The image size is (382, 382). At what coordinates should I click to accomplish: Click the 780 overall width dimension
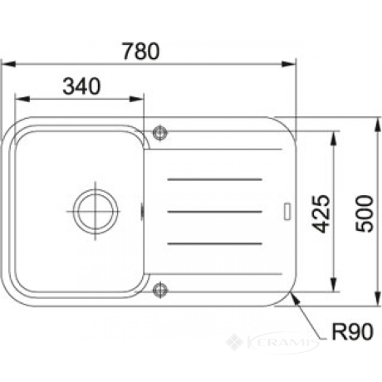tap(141, 51)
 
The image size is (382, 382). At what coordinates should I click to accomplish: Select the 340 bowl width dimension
tap(81, 86)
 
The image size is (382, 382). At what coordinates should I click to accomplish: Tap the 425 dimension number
tap(321, 213)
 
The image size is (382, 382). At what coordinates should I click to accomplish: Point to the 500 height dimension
tap(365, 213)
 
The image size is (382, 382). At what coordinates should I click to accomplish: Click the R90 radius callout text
tap(352, 331)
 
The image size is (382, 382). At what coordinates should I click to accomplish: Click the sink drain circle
tap(95, 212)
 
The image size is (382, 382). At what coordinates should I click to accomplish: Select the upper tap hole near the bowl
tap(160, 133)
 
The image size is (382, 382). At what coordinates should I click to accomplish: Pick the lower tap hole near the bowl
tap(160, 290)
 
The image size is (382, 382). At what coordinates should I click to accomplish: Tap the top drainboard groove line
tap(214, 179)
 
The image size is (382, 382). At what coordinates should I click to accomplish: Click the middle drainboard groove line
tap(214, 212)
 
